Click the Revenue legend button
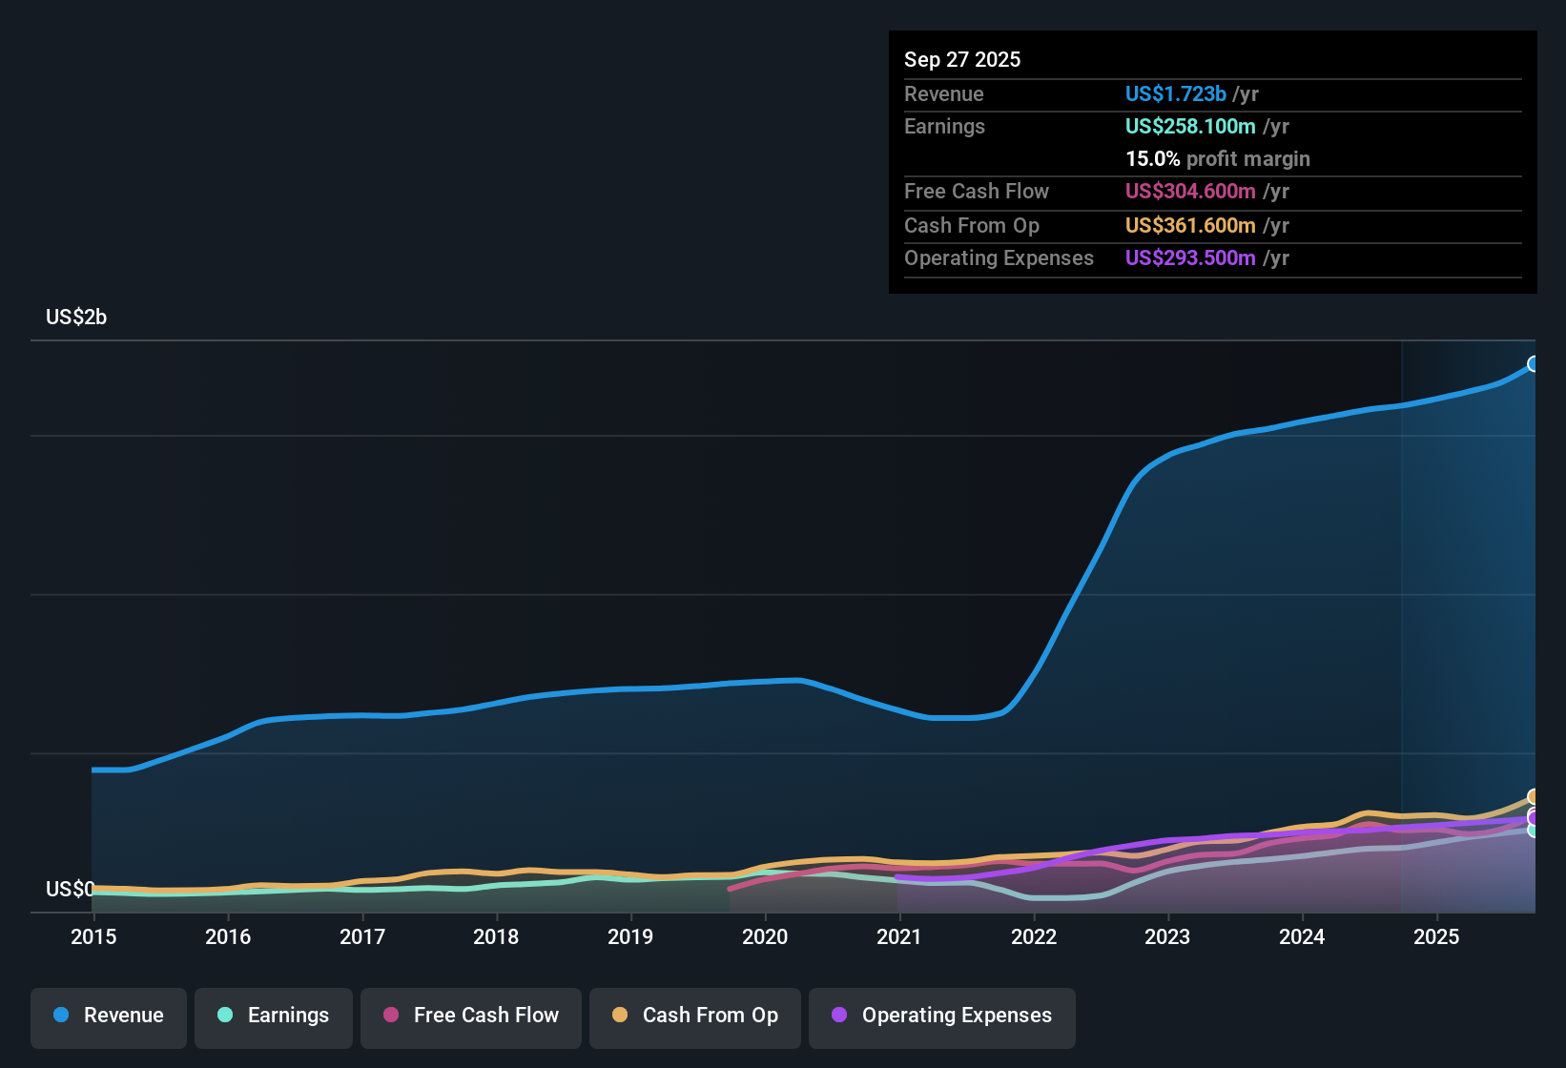[109, 1016]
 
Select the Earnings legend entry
[274, 1016]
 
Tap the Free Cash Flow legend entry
[471, 1016]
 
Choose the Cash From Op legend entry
[695, 1016]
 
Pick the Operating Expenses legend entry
[942, 1016]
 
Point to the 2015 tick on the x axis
[93, 936]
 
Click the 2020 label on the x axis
[765, 936]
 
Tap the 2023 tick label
[1167, 936]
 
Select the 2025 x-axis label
[1436, 936]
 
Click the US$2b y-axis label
[76, 318]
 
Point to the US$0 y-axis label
[70, 890]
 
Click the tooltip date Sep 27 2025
[962, 60]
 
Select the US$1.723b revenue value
[1175, 94]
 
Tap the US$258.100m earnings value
[1189, 127]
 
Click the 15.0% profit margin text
[1217, 159]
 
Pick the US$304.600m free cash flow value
[1189, 192]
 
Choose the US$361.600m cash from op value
[1189, 226]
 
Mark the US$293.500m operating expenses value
[1189, 258]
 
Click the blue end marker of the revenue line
[1534, 363]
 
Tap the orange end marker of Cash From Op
[1534, 796]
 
